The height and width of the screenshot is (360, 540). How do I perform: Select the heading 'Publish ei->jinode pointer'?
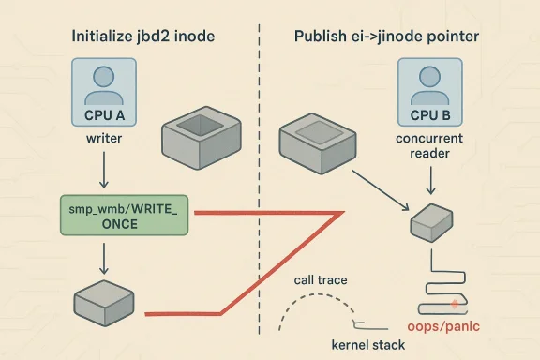392,37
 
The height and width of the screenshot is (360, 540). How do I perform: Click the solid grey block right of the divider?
318,139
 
